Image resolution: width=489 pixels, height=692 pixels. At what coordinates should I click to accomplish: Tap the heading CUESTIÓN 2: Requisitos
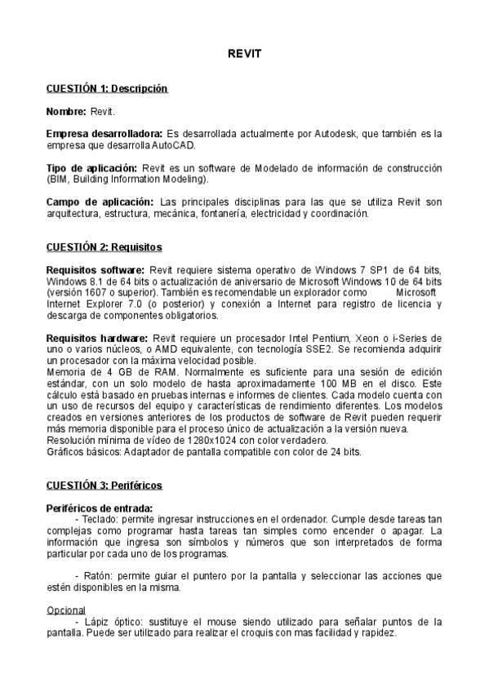104,246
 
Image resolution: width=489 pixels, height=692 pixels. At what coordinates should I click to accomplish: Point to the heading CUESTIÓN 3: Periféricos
104,486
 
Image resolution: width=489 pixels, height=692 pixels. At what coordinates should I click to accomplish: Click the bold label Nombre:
66,110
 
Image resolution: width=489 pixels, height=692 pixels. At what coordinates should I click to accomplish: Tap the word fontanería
217,214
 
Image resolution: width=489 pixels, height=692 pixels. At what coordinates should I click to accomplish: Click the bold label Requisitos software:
96,269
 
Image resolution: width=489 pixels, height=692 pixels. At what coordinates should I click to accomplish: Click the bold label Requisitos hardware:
97,338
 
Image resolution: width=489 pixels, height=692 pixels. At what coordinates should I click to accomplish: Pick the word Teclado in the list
98,520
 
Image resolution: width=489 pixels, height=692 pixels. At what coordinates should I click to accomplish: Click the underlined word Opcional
65,610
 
